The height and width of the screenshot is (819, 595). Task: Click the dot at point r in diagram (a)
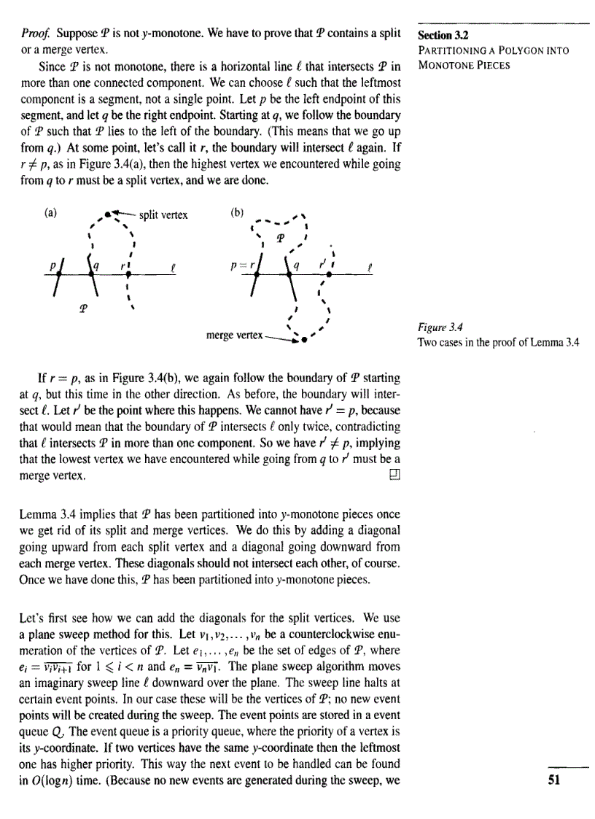(x=128, y=274)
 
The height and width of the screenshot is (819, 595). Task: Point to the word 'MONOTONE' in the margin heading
(x=438, y=64)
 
